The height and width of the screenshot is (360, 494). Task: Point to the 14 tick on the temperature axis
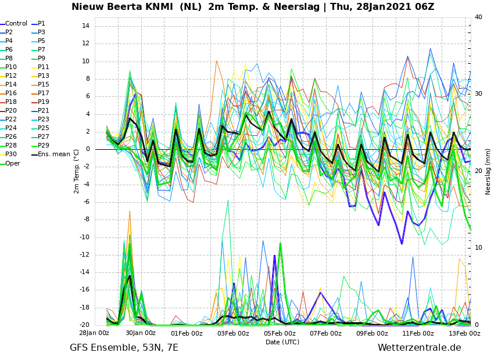(x=85, y=26)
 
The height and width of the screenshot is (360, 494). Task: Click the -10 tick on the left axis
(x=84, y=237)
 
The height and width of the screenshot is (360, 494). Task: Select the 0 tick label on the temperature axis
(x=88, y=149)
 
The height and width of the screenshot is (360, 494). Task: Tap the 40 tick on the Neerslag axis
(x=478, y=17)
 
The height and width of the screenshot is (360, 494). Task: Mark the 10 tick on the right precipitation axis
(x=478, y=248)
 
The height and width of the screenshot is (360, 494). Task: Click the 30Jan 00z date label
(x=140, y=333)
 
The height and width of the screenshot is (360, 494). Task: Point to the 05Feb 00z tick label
(x=280, y=333)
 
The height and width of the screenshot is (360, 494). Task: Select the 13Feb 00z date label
(x=465, y=333)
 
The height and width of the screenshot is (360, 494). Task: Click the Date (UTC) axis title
(x=282, y=342)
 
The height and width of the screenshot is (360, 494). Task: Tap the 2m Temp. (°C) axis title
(x=77, y=171)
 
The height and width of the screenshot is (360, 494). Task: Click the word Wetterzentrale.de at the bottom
(x=420, y=348)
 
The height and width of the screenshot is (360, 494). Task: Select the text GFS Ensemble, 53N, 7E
(x=124, y=348)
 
